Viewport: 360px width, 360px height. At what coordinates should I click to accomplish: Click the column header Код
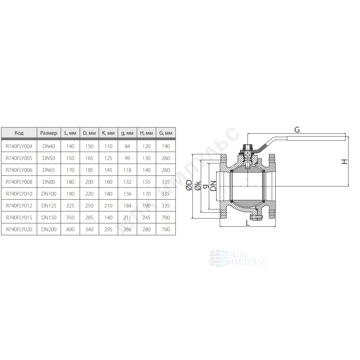point(19,133)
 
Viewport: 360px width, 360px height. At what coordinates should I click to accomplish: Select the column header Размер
point(49,133)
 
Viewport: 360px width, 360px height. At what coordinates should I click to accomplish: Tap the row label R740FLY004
point(19,146)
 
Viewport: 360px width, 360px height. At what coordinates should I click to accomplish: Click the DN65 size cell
point(49,170)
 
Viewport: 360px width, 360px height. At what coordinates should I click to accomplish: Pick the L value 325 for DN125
point(70,206)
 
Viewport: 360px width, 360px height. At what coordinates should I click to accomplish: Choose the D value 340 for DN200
point(89,229)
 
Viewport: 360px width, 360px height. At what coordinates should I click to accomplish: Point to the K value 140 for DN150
point(108,217)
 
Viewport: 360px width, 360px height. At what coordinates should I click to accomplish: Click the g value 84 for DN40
point(127,146)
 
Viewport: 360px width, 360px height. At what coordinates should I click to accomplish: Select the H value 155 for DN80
point(147,182)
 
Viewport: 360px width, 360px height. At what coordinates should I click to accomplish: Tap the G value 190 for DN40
point(166,146)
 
